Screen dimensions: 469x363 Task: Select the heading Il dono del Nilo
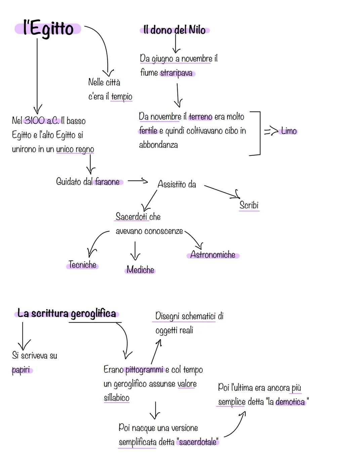click(x=174, y=30)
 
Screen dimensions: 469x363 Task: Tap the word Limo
click(x=289, y=131)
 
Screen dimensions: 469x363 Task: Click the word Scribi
click(x=249, y=205)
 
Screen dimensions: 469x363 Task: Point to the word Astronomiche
click(x=213, y=255)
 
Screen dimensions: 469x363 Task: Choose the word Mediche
click(x=140, y=269)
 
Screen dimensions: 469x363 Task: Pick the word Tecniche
click(x=82, y=265)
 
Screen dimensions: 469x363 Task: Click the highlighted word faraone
click(x=108, y=182)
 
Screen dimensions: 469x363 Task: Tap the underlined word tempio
click(x=122, y=97)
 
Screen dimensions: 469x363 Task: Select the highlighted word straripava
click(x=176, y=73)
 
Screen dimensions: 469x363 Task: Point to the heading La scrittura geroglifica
click(x=67, y=314)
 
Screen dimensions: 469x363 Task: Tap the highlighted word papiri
click(x=21, y=370)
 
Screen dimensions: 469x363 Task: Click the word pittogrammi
click(x=144, y=370)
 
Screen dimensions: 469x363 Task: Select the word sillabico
click(x=117, y=398)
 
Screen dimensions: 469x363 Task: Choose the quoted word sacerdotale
click(x=198, y=442)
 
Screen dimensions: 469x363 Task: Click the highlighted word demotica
click(x=290, y=402)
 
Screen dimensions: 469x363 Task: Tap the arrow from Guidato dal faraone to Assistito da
click(x=138, y=181)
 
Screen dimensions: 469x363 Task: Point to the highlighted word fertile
click(x=148, y=131)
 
